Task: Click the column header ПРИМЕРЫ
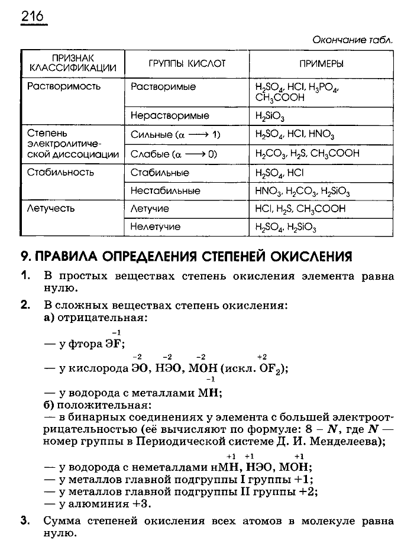pos(321,63)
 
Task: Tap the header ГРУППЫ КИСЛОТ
pos(186,63)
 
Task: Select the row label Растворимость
pos(64,86)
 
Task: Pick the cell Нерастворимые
pos(170,116)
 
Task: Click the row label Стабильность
pos(61,173)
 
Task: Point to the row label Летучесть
pos(54,209)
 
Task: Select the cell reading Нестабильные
pos(165,190)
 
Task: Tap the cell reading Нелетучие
pos(156,227)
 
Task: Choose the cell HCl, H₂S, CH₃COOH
pos(300,209)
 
